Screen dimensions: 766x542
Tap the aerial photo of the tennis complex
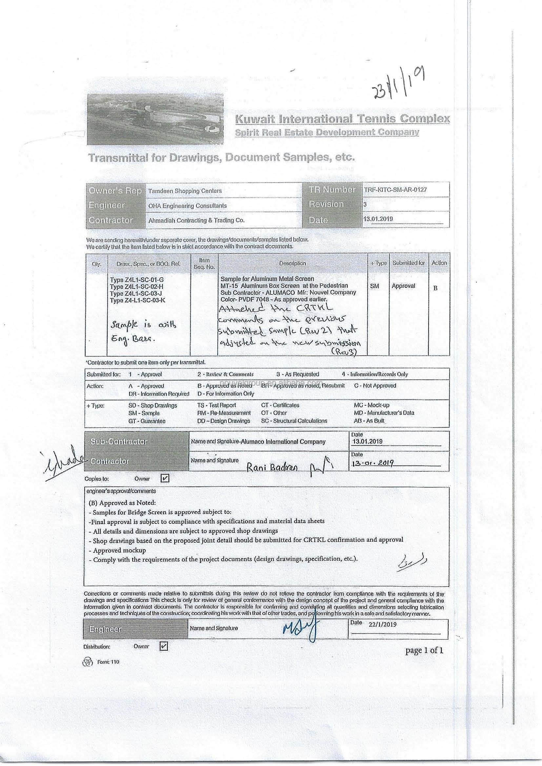(155, 119)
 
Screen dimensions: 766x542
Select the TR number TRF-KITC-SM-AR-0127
(395, 190)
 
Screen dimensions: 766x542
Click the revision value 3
(365, 204)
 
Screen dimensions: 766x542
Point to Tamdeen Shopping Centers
(185, 191)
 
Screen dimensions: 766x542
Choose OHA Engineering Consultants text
(187, 206)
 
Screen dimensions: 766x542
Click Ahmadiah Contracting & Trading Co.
(196, 220)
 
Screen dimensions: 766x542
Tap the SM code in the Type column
(374, 286)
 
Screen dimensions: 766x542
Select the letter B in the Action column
(435, 288)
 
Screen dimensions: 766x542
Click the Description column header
(292, 263)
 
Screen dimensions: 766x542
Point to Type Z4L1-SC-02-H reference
(137, 286)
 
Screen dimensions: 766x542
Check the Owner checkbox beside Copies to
(165, 478)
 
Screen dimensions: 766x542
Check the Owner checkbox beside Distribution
(164, 646)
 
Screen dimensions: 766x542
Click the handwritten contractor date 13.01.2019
(373, 463)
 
